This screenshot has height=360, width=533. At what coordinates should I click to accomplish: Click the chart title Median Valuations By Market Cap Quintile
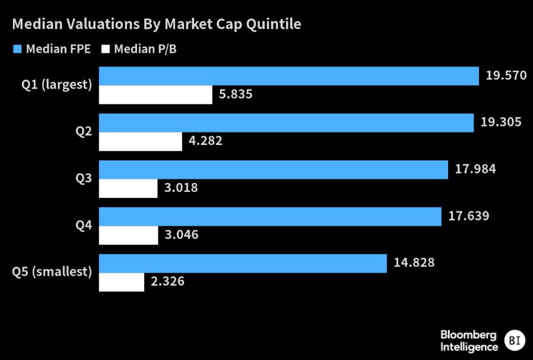pyautogui.click(x=157, y=24)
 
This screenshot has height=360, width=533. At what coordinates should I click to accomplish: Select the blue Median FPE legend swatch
pyautogui.click(x=17, y=49)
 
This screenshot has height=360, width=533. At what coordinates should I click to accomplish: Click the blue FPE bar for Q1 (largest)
pyautogui.click(x=288, y=76)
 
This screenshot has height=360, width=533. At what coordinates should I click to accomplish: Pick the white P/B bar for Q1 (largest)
pyautogui.click(x=156, y=95)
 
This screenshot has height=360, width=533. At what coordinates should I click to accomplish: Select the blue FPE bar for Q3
pyautogui.click(x=273, y=169)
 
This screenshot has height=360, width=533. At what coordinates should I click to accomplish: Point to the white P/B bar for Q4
pyautogui.click(x=128, y=235)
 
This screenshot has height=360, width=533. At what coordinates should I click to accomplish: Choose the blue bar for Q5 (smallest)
pyautogui.click(x=242, y=263)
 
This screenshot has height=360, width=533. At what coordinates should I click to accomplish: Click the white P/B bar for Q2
pyautogui.click(x=140, y=141)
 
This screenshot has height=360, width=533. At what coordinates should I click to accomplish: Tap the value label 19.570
pyautogui.click(x=506, y=75)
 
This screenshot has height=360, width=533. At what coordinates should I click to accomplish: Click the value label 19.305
pyautogui.click(x=500, y=122)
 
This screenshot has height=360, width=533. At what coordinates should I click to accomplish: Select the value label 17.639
pyautogui.click(x=469, y=216)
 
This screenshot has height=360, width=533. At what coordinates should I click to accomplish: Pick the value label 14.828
pyautogui.click(x=414, y=263)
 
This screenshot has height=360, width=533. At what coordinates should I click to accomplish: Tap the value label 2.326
pyautogui.click(x=167, y=281)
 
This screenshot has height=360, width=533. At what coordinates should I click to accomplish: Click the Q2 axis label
pyautogui.click(x=83, y=131)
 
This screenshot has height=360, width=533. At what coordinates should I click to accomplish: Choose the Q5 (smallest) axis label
pyautogui.click(x=52, y=272)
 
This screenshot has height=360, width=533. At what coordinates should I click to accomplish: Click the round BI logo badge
pyautogui.click(x=514, y=340)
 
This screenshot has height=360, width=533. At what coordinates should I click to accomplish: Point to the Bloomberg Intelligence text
pyautogui.click(x=469, y=340)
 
